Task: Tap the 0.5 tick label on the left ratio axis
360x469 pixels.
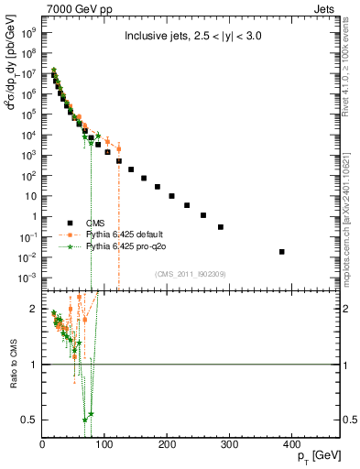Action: [x=31, y=420]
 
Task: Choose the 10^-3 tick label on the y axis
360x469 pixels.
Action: [x=27, y=277]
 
